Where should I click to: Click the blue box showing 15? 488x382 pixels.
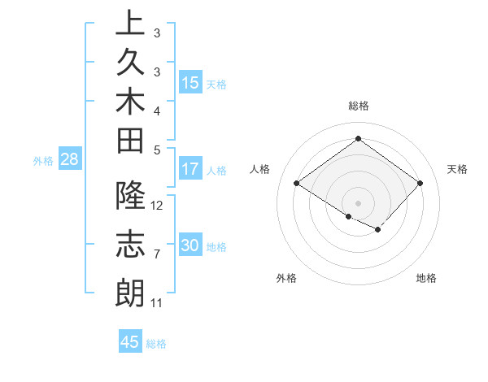tap(190, 82)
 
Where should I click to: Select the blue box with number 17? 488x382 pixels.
tap(190, 169)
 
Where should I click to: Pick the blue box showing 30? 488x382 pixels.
tap(190, 245)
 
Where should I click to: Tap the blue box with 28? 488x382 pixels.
tap(69, 159)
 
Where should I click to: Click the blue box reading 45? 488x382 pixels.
tap(130, 342)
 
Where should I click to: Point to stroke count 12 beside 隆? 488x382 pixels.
tap(157, 205)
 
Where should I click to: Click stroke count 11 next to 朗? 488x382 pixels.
tap(156, 303)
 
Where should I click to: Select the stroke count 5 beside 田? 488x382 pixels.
tap(156, 149)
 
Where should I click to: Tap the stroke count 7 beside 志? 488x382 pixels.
tap(156, 254)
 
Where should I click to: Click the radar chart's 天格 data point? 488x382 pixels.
tap(420, 184)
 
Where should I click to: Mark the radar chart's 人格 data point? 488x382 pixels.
tap(297, 184)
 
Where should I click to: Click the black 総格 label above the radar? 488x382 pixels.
tap(358, 106)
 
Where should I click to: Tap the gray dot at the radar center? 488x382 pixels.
tap(358, 202)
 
